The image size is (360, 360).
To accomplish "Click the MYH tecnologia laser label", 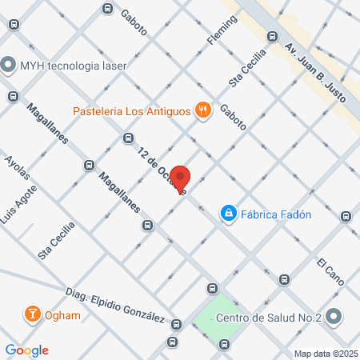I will pyautogui.click(x=74, y=65).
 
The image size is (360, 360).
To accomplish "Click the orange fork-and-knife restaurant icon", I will pyautogui.click(x=204, y=110).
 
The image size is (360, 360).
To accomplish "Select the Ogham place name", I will pyautogui.click(x=62, y=315).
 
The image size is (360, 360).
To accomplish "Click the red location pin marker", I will pyautogui.click(x=181, y=179).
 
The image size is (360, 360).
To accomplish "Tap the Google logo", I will pyautogui.click(x=26, y=350).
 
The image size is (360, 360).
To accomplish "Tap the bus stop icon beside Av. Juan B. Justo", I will pyautogui.click(x=272, y=36).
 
